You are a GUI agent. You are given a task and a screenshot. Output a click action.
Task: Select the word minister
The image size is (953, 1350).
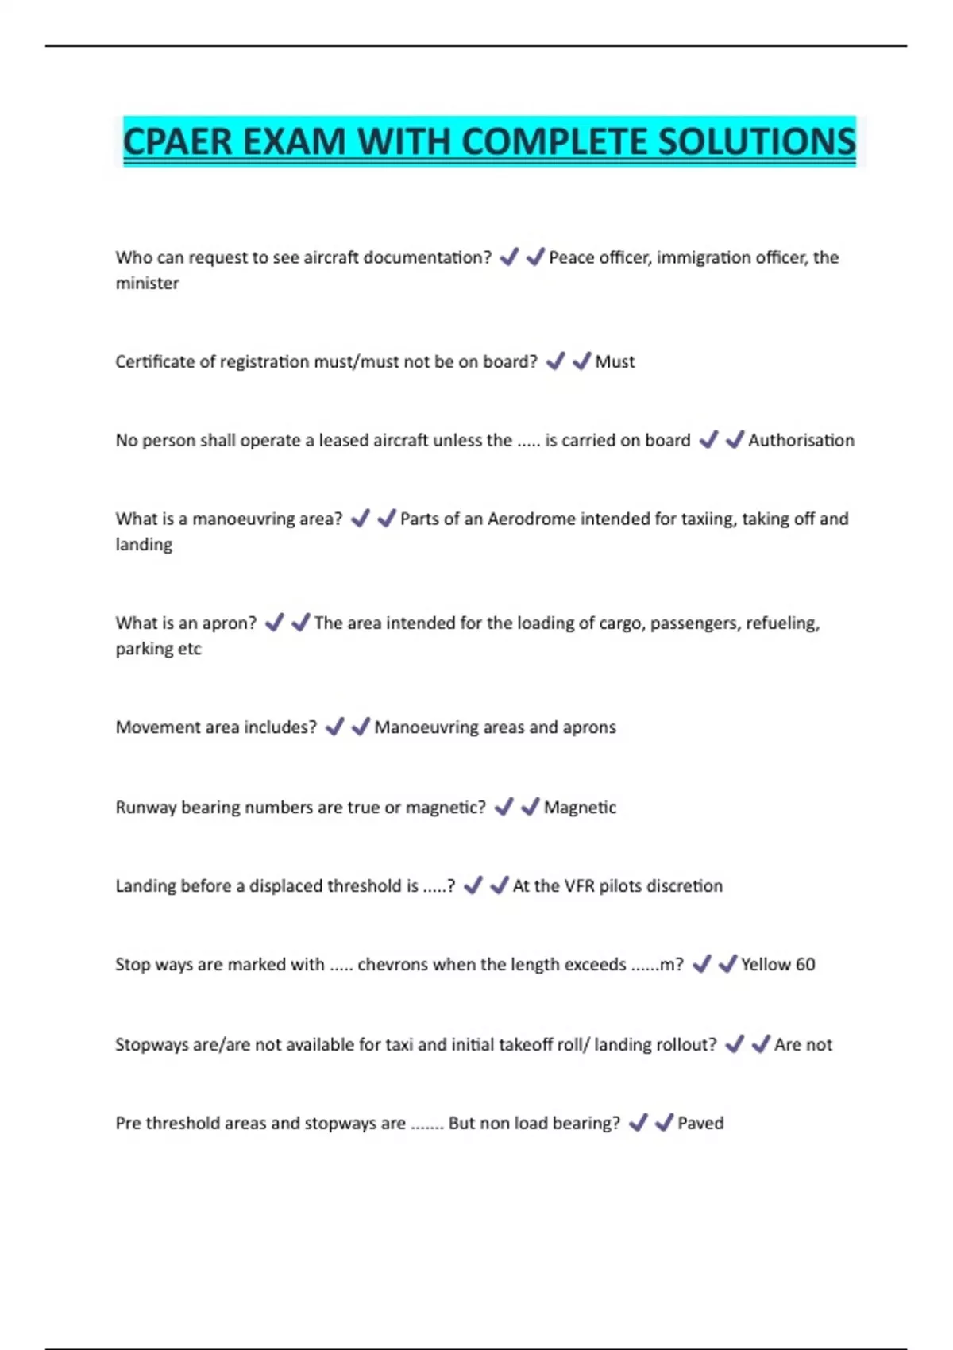pos(147,283)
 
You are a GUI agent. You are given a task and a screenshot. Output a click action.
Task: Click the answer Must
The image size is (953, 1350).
pos(615,362)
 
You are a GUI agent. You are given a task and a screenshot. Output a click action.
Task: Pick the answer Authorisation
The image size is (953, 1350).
pos(801,441)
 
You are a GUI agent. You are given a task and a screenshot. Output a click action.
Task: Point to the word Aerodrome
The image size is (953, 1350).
pos(531,519)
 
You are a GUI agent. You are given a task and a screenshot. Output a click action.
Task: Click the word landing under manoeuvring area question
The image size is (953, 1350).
pos(144,545)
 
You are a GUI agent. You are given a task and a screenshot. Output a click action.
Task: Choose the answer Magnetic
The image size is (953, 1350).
pos(580,808)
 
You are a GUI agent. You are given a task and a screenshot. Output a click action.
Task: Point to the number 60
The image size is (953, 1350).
pos(805,965)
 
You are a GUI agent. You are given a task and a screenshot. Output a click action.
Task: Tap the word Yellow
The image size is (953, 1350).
pos(766,965)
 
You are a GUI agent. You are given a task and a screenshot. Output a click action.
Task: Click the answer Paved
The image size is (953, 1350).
pos(700,1124)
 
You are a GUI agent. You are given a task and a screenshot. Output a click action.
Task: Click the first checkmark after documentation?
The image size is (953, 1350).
pos(509,256)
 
